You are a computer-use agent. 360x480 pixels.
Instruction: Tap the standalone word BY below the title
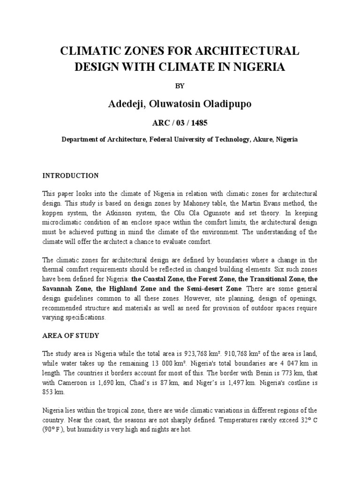(180, 86)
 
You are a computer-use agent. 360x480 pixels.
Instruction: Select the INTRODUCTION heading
(71, 176)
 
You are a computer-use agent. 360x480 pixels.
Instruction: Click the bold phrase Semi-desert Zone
(222, 288)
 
